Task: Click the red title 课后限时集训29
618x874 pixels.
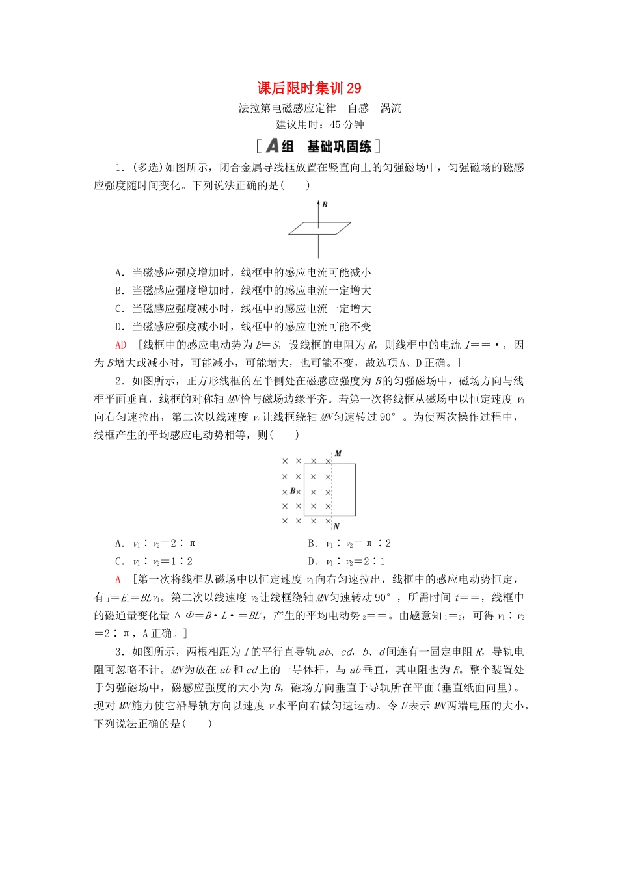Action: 309,88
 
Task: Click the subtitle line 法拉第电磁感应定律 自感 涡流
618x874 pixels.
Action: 319,108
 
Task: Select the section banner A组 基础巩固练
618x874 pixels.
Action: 318,146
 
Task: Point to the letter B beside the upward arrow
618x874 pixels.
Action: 325,205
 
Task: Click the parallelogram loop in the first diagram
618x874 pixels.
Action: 319,228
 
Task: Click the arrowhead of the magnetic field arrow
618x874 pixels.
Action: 318,204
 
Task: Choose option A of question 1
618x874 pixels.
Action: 243,272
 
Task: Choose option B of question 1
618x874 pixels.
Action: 243,291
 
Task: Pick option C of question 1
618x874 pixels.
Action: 243,309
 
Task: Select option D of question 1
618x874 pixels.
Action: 243,327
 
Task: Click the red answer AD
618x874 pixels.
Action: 120,345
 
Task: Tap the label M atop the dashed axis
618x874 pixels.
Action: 338,453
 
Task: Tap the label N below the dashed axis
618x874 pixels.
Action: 336,526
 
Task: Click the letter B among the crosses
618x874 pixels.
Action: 293,491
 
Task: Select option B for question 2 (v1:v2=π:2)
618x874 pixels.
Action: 349,544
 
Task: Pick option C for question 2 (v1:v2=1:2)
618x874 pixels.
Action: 154,562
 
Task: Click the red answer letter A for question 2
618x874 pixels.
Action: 118,579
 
